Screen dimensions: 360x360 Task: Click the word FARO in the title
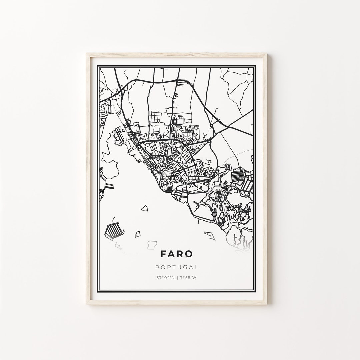(176, 254)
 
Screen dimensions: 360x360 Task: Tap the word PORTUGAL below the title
(176, 267)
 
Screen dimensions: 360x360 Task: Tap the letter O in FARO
(189, 254)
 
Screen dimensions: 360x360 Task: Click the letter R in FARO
(180, 254)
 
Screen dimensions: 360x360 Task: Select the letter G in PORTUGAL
(184, 267)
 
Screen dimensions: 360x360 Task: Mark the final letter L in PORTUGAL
(197, 267)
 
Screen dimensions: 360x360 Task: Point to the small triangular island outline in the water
(144, 208)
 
